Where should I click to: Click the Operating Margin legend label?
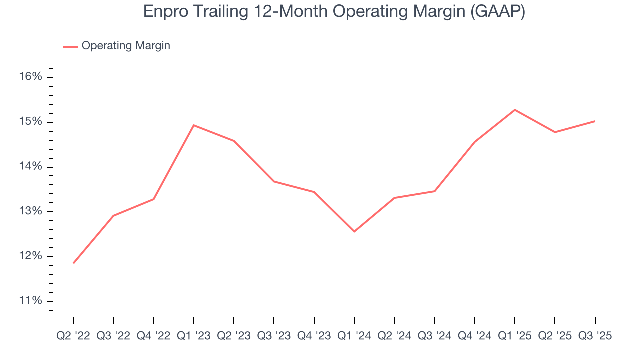pyautogui.click(x=126, y=46)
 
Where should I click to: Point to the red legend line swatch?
pyautogui.click(x=70, y=46)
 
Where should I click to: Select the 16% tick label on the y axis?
pyautogui.click(x=30, y=77)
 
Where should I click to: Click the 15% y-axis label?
pyautogui.click(x=30, y=122)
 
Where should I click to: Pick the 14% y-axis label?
pyautogui.click(x=30, y=167)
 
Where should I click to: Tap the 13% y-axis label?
pyautogui.click(x=30, y=211)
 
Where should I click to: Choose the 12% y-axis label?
pyautogui.click(x=30, y=256)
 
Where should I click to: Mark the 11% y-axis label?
pyautogui.click(x=30, y=301)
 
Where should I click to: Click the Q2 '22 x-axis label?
pyautogui.click(x=73, y=336)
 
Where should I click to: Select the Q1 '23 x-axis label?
pyautogui.click(x=194, y=336)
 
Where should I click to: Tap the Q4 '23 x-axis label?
pyautogui.click(x=314, y=336)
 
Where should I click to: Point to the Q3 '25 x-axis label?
pyautogui.click(x=595, y=336)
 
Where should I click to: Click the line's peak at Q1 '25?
pyautogui.click(x=515, y=110)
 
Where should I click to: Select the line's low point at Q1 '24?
pyautogui.click(x=354, y=231)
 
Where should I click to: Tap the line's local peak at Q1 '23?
pyautogui.click(x=194, y=125)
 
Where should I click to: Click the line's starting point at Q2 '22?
pyautogui.click(x=73, y=263)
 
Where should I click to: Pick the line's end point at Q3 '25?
pyautogui.click(x=595, y=121)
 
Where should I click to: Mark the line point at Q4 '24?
pyautogui.click(x=474, y=142)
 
